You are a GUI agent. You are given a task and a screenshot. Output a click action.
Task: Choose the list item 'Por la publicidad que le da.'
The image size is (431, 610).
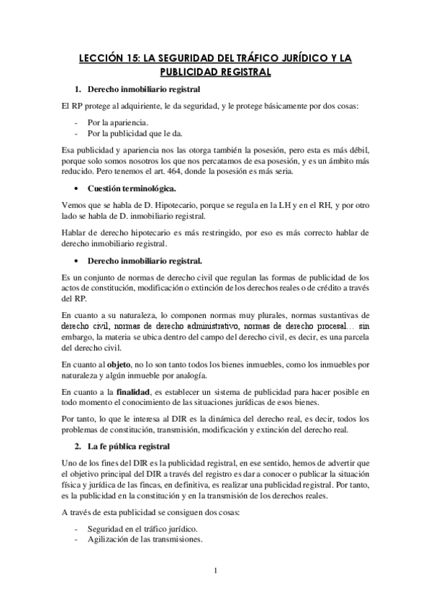133,134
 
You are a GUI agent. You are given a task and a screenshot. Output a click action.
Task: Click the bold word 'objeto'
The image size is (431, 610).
117,364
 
